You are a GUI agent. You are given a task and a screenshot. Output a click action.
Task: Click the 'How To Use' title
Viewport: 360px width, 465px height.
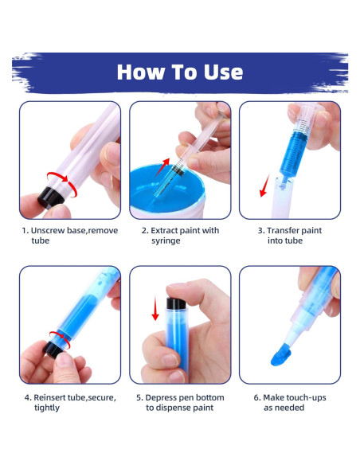click(x=179, y=72)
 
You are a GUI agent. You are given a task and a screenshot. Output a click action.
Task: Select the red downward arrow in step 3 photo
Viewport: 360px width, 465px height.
click(x=260, y=188)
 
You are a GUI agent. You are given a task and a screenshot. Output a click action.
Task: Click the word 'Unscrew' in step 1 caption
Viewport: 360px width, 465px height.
click(x=51, y=231)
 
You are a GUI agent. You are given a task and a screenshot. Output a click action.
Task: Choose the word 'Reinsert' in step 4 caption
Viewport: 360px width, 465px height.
click(x=51, y=397)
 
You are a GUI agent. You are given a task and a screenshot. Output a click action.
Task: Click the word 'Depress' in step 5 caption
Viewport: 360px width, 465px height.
click(x=162, y=397)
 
